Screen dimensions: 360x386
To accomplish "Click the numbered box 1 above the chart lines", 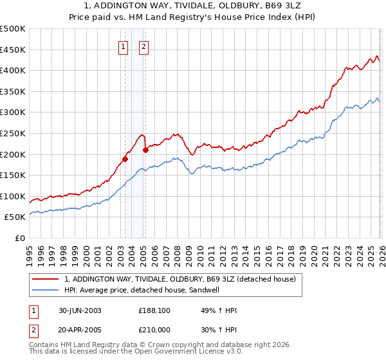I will [x=122, y=46].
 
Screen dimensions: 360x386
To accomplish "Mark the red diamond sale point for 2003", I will [x=125, y=159].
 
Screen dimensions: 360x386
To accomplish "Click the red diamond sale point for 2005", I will [x=146, y=150].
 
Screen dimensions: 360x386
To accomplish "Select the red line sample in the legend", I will [x=44, y=279].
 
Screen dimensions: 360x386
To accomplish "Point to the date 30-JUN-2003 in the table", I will [x=80, y=310].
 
